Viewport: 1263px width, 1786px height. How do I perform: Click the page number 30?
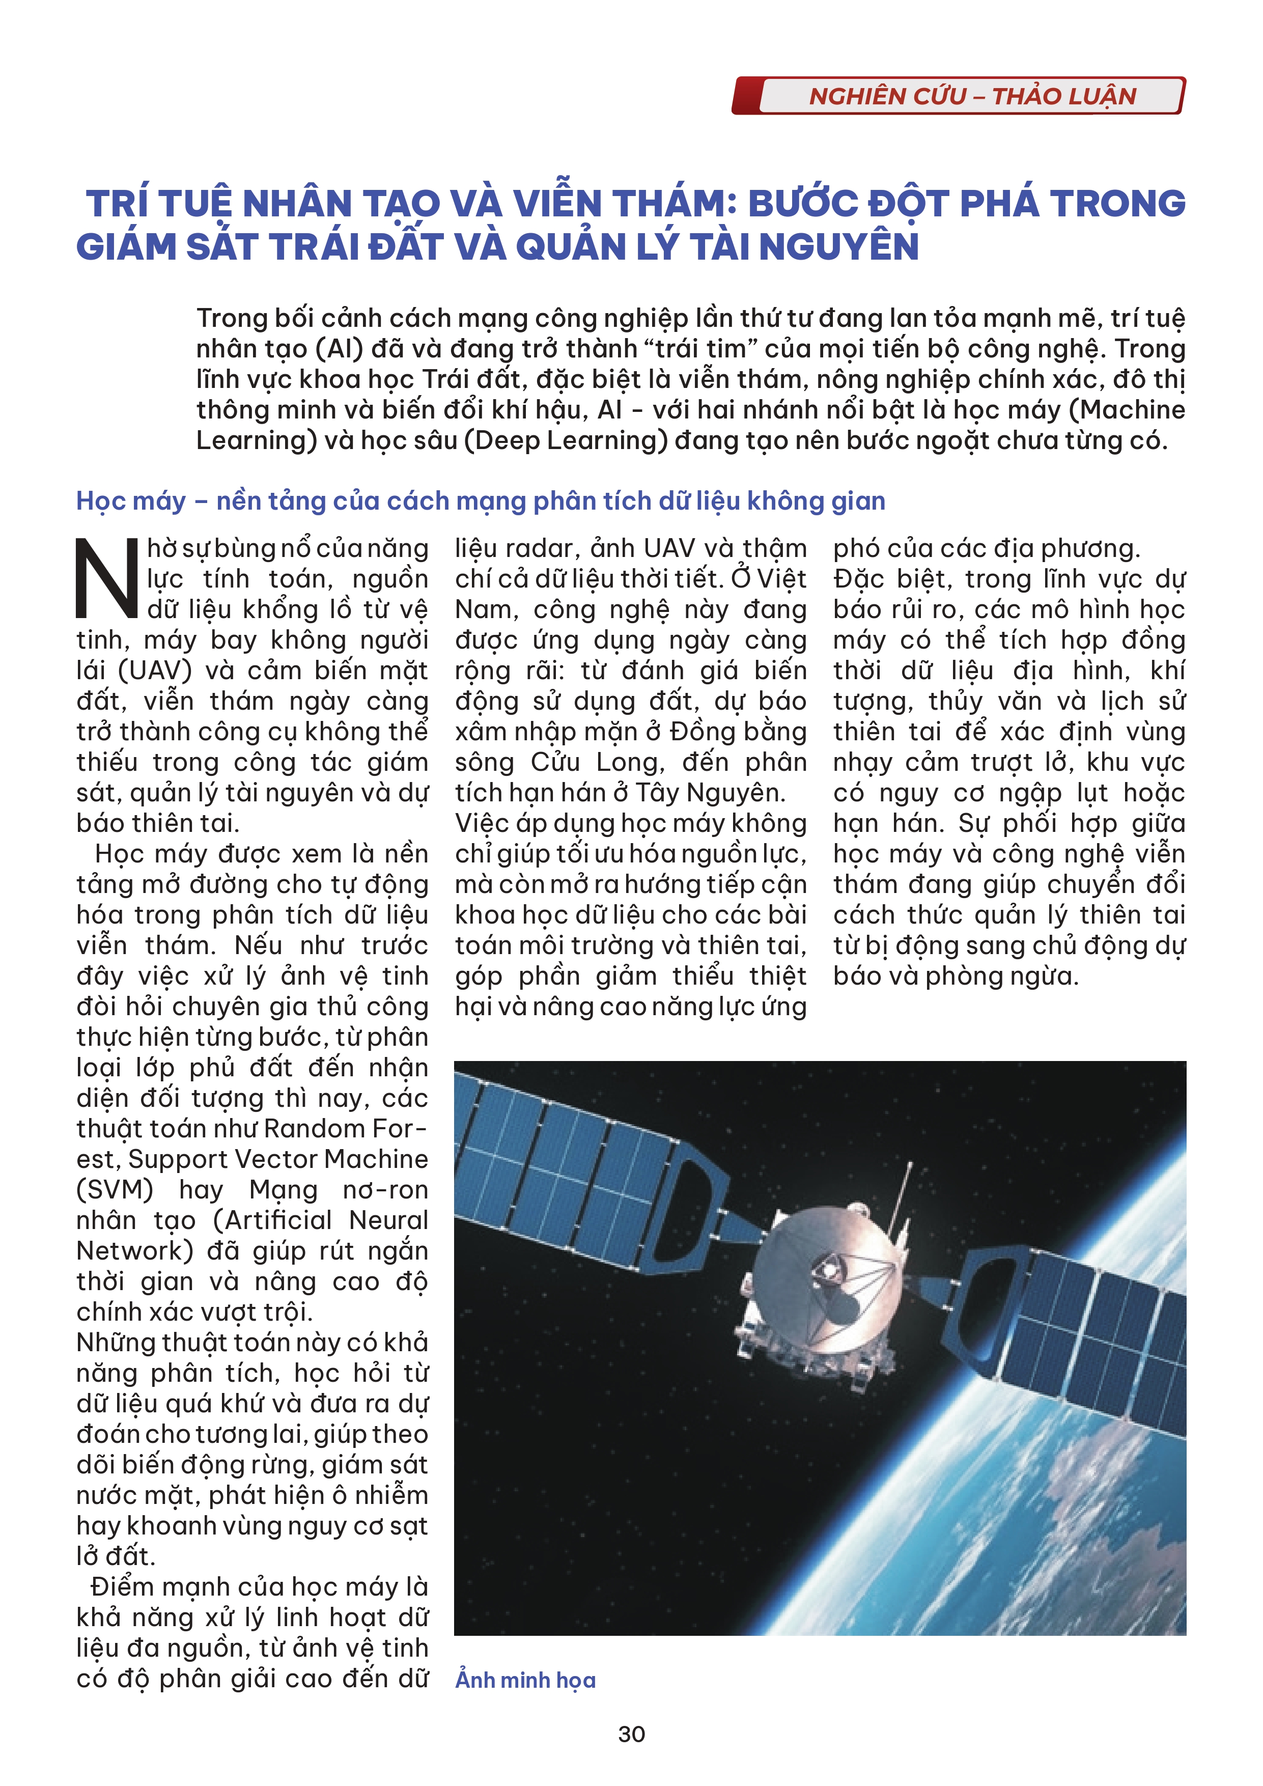coord(631,1734)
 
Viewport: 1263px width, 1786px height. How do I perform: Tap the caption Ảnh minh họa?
coord(526,1680)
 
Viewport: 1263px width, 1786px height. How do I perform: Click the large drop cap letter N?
coord(107,579)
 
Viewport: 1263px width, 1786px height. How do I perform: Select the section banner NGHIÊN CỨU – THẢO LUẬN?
coord(972,96)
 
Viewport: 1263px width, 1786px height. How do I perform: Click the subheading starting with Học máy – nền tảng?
coord(481,501)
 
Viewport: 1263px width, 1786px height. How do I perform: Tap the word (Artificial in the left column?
coord(273,1220)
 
